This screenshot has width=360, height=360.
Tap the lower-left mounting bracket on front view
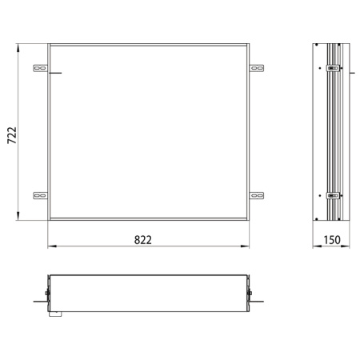point(40,194)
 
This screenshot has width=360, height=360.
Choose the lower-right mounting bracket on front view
point(256,194)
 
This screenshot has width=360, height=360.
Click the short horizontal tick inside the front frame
point(54,74)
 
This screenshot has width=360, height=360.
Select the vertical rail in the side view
point(332,132)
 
